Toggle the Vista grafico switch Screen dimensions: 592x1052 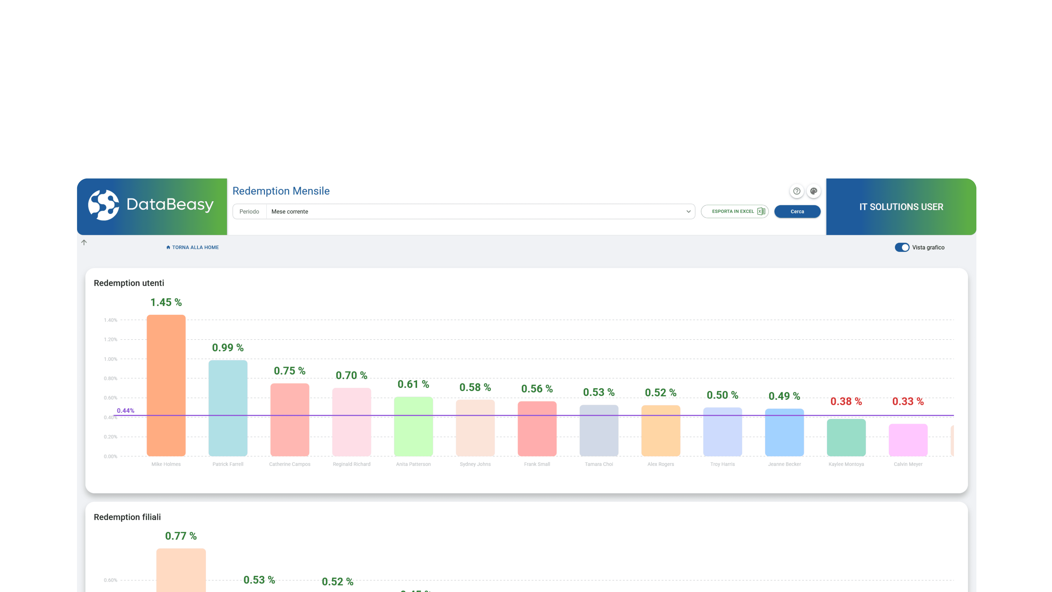tap(902, 247)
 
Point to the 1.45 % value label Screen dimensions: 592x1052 tap(166, 302)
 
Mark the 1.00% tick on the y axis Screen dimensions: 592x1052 tap(110, 359)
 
